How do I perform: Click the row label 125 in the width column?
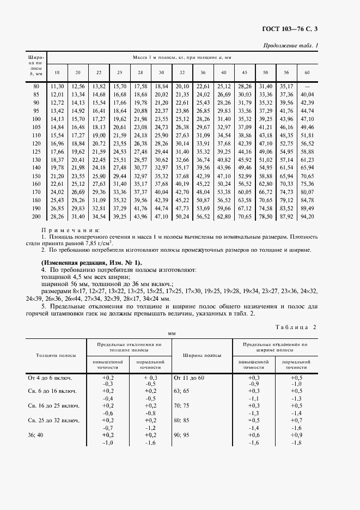click(36, 151)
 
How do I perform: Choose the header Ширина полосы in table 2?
click(202, 355)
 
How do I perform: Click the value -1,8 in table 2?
click(297, 443)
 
